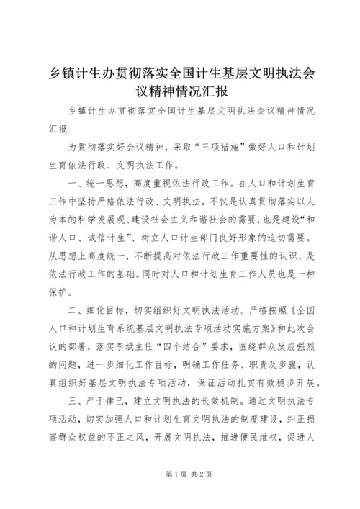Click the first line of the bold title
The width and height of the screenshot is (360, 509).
tap(179, 74)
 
